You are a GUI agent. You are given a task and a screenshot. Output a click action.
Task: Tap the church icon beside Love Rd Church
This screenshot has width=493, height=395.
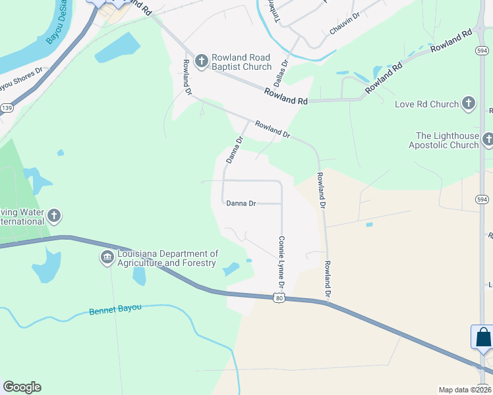[x=468, y=103]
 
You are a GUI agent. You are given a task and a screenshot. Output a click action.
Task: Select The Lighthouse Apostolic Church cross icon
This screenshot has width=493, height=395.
[x=488, y=140]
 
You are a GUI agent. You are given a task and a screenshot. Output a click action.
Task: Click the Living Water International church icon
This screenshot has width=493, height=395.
[x=54, y=215]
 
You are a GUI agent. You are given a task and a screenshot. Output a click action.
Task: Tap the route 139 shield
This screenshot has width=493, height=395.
[x=6, y=107]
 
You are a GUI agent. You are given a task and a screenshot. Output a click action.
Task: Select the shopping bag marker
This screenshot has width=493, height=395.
[x=482, y=337]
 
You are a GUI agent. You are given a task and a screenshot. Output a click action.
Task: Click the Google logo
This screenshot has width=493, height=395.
[x=22, y=387]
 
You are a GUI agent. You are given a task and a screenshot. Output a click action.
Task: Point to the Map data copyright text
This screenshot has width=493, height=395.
[x=465, y=390]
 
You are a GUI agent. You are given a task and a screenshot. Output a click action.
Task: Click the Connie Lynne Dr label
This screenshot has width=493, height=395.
[x=281, y=263]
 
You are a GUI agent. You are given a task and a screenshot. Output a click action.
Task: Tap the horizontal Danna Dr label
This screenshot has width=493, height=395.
[x=241, y=203]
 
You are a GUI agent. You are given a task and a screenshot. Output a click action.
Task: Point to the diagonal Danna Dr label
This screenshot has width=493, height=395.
[x=235, y=149]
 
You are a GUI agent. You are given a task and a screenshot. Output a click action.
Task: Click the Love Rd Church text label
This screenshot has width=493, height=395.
[x=426, y=104]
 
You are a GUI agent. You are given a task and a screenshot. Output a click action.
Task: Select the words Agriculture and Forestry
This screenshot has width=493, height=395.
[x=167, y=263]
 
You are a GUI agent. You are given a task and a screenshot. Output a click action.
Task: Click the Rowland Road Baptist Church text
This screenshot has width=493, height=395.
[x=241, y=62]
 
